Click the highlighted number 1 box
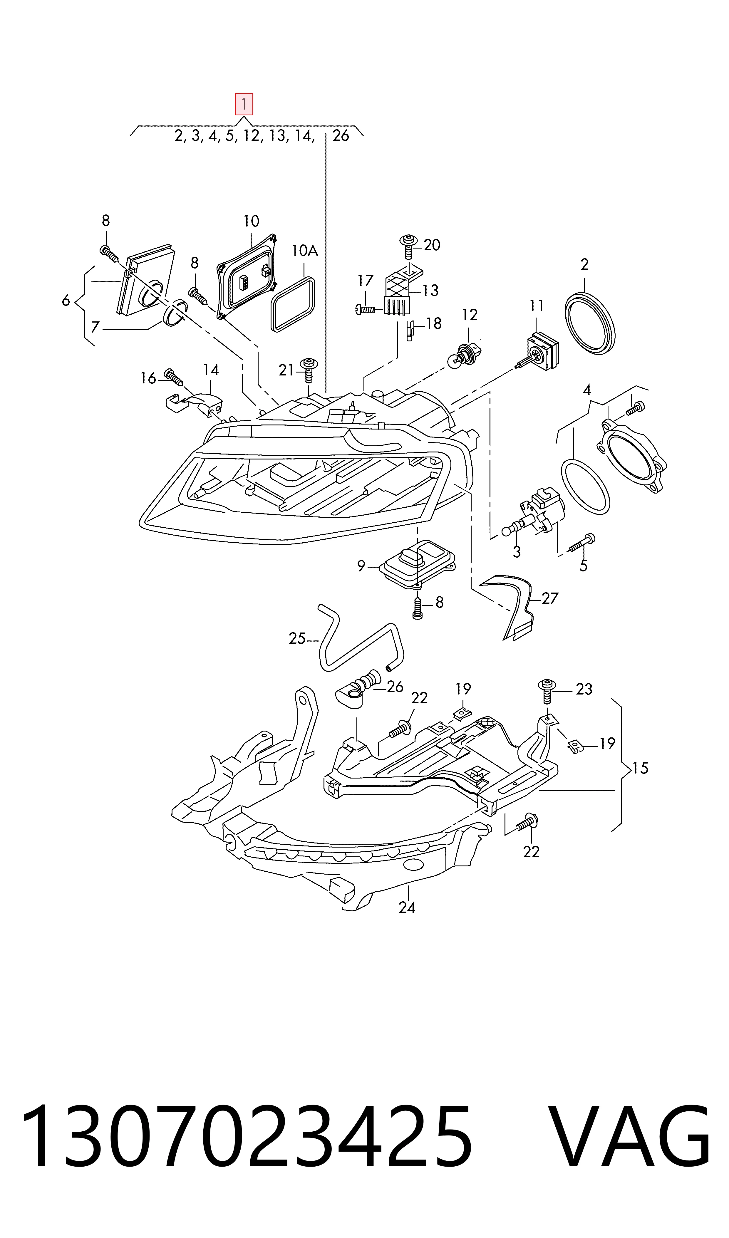click(244, 104)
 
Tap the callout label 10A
click(305, 251)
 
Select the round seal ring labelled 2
click(589, 323)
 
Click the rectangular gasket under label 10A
click(293, 305)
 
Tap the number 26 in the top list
click(341, 136)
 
